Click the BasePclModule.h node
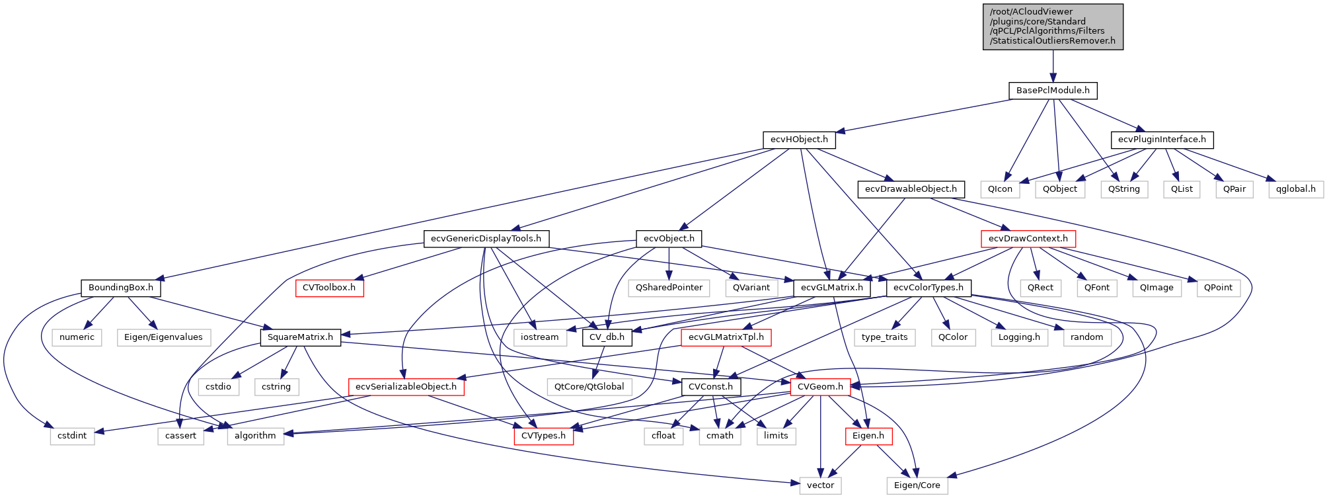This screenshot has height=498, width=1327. click(1053, 91)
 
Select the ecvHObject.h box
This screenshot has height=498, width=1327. click(799, 140)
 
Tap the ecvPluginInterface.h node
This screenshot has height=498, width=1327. click(1162, 140)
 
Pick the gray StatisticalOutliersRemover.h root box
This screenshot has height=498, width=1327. click(1053, 26)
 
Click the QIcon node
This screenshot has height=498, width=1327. click(1000, 189)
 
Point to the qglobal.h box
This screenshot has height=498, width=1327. click(1295, 189)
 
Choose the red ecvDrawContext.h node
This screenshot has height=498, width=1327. click(1028, 239)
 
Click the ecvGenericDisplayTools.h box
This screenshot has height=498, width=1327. click(486, 239)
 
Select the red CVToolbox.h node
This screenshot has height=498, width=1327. click(329, 288)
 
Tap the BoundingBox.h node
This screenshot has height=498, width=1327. click(121, 288)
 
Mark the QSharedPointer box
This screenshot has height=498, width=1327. click(669, 288)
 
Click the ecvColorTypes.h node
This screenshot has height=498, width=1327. click(928, 288)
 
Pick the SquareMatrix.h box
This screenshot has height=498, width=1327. click(300, 337)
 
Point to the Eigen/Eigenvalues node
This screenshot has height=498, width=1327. click(163, 337)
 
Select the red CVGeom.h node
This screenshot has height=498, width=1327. click(820, 387)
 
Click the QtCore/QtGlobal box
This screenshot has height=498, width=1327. click(589, 387)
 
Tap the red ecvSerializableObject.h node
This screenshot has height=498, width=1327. click(406, 387)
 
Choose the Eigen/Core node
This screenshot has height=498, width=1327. click(917, 485)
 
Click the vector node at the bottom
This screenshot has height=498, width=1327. click(820, 485)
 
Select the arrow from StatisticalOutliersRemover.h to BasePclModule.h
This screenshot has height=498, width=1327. click(1053, 66)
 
